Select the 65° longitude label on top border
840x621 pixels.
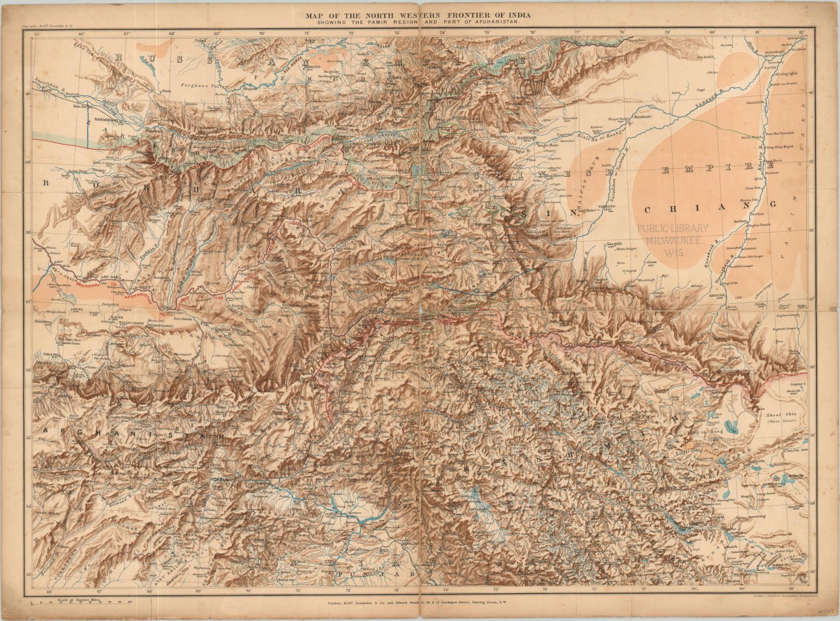click(37, 34)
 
